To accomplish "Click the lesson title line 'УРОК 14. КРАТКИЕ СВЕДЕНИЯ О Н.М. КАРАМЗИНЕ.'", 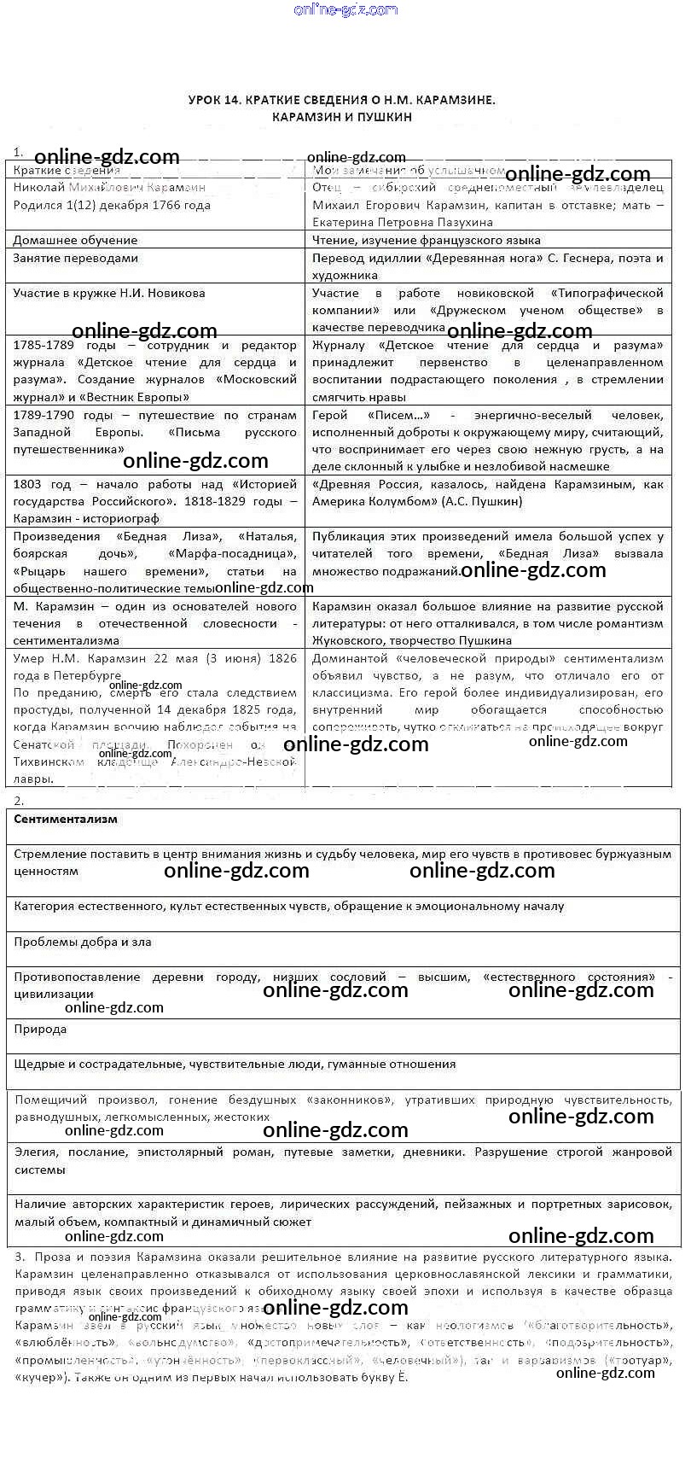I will (x=341, y=100).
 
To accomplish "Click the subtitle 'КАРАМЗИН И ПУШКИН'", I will (x=342, y=117).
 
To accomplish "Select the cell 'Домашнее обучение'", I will (x=75, y=240).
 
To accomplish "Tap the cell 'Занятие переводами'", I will (x=75, y=258).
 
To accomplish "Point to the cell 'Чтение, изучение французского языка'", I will (x=426, y=240).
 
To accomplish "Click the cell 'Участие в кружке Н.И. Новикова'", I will (x=109, y=293).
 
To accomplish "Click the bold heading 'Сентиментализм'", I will (x=66, y=819).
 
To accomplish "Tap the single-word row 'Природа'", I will (x=40, y=1029).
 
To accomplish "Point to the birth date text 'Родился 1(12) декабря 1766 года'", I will (x=111, y=205).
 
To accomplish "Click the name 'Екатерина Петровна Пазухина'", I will (x=402, y=222).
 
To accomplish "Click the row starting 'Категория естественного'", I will (x=288, y=906).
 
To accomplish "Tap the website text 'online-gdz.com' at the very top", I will (x=345, y=9).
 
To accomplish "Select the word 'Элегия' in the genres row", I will (x=35, y=1152).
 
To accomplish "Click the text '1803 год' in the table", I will (x=42, y=484).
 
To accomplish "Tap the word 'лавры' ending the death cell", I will (x=30, y=779).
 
